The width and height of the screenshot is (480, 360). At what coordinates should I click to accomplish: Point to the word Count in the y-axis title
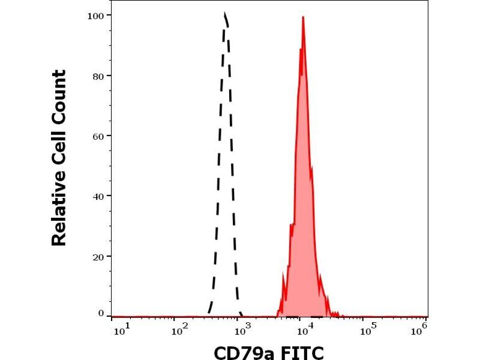[59, 96]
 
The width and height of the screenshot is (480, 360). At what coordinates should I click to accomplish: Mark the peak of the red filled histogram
[303, 17]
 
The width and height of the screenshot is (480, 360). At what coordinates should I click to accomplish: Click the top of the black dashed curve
[224, 13]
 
